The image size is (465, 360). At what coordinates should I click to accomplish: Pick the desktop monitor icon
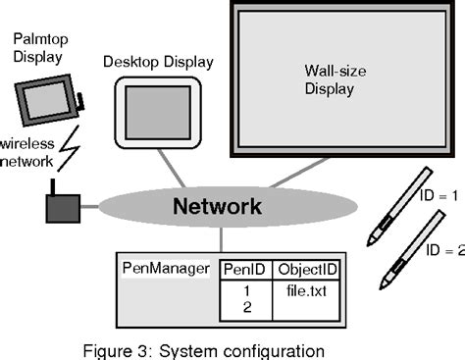[157, 110]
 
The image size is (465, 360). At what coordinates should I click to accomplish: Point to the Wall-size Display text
[330, 79]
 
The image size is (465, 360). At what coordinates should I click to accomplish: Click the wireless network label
[27, 149]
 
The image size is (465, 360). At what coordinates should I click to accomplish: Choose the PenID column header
[244, 268]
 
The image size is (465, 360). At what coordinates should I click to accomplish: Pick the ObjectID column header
[308, 268]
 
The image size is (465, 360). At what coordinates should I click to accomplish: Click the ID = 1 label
[439, 195]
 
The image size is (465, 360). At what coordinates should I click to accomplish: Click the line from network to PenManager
[223, 240]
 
